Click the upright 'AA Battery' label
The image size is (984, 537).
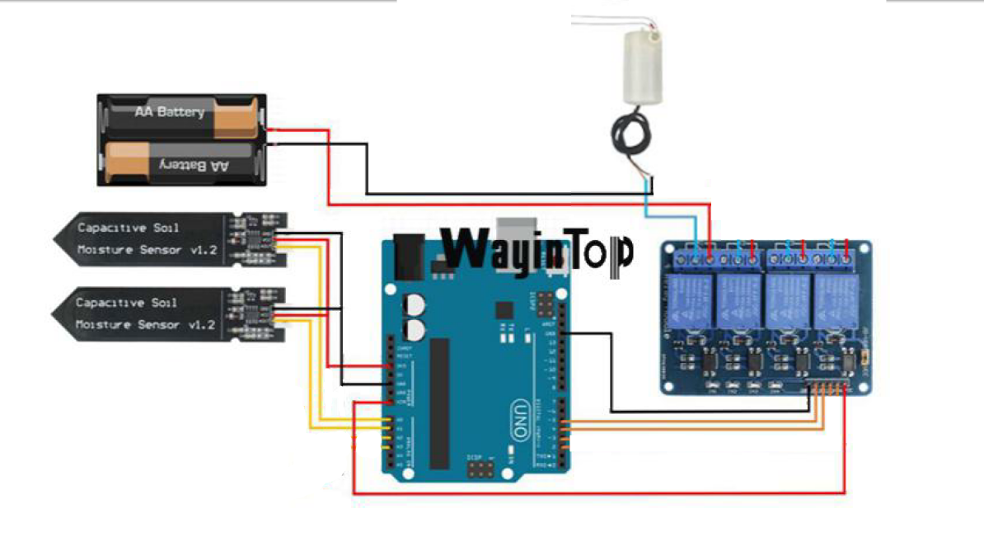click(x=169, y=111)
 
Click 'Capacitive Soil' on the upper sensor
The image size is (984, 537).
click(x=127, y=227)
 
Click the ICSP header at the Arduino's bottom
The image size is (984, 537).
click(x=478, y=470)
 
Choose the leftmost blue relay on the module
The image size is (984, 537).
click(x=691, y=301)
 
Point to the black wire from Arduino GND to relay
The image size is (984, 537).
click(x=611, y=371)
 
